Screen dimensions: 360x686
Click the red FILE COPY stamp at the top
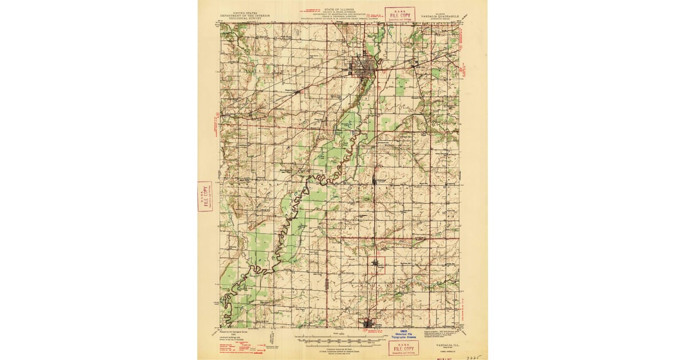(x=399, y=14)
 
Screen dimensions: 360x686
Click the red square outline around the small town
(x=377, y=265)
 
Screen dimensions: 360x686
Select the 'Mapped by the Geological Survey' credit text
(x=236, y=331)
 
